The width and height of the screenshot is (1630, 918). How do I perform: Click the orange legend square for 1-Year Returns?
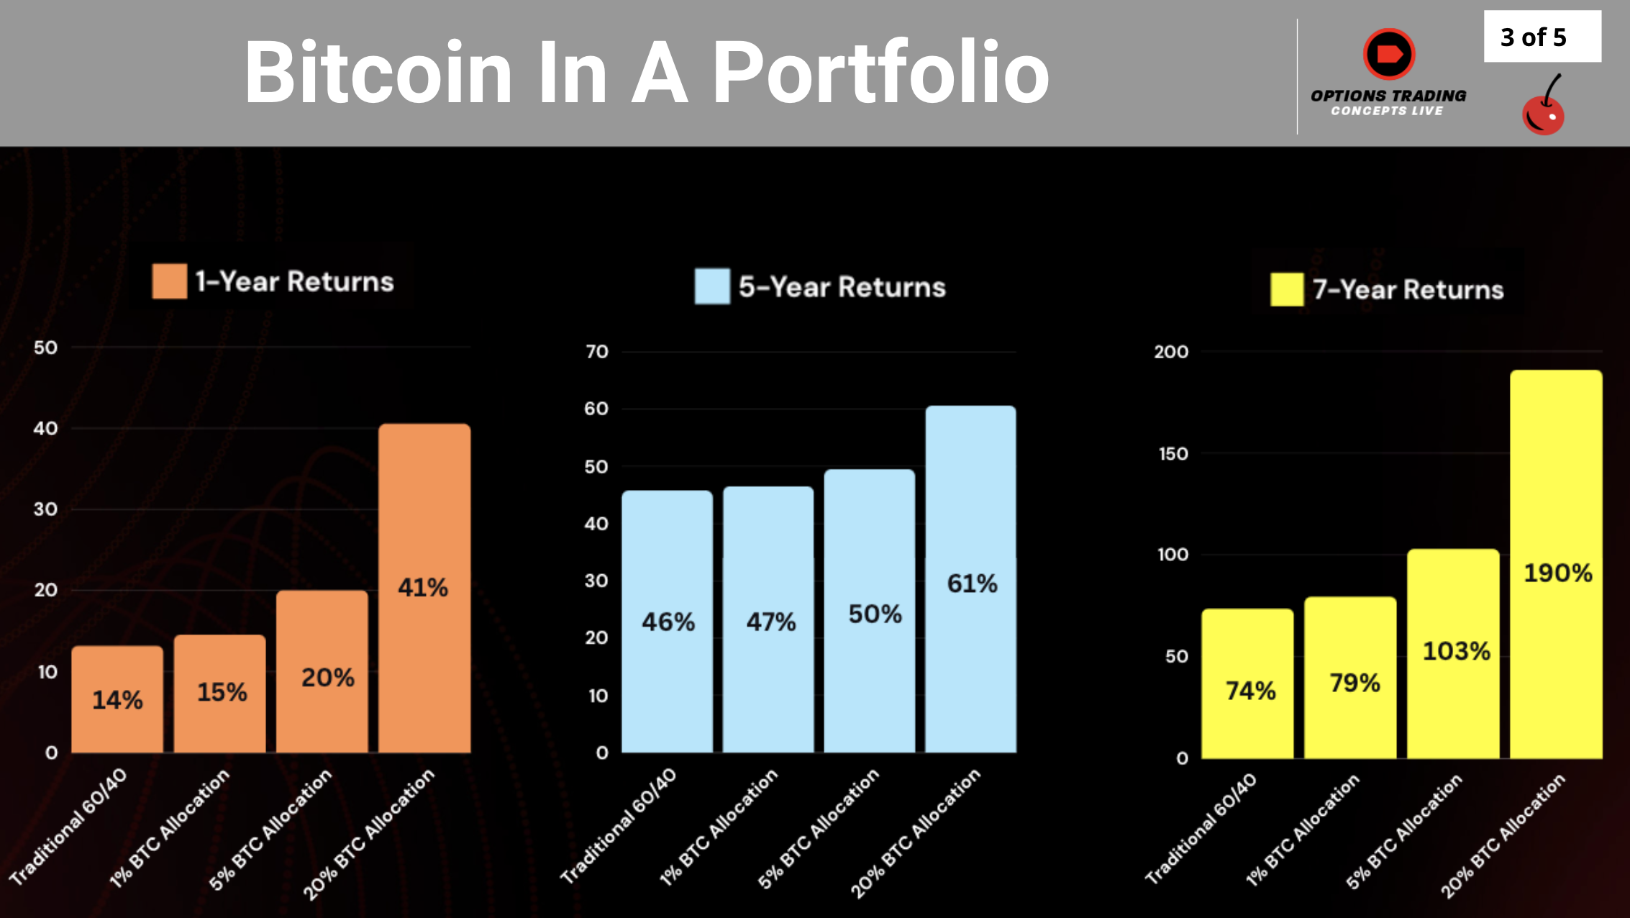pos(169,281)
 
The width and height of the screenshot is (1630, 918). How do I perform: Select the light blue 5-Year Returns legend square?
pos(712,286)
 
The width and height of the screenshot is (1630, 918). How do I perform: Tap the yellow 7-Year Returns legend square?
pos(1286,289)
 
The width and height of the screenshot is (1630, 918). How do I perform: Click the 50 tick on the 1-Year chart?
pos(45,347)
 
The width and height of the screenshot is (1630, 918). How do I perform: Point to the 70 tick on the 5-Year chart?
pos(596,352)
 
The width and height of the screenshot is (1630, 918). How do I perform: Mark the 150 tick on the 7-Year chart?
pos(1173,454)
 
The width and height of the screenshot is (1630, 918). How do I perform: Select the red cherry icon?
pos(1543,109)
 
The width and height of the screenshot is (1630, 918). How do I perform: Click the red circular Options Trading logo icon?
pos(1389,54)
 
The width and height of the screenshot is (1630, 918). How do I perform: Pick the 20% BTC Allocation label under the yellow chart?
pos(1503,835)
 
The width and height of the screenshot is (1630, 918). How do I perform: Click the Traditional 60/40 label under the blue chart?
pos(619,825)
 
